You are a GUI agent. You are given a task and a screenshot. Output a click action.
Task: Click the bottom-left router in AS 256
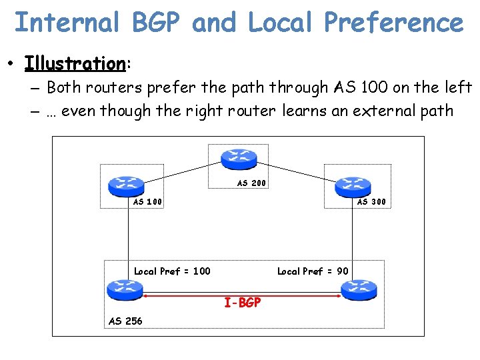pos(125,289)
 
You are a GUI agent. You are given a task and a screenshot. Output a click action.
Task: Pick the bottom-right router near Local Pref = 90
pos(359,289)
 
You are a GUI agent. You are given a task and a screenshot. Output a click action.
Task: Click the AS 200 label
pos(252,183)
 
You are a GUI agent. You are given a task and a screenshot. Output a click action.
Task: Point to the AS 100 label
pos(147,201)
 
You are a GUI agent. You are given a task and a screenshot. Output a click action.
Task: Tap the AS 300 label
pos(371,201)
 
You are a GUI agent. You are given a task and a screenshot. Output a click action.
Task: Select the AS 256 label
pos(125,321)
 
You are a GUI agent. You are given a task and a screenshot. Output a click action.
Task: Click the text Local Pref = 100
pos(172,271)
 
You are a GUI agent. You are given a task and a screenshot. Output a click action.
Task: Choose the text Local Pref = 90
pos(312,271)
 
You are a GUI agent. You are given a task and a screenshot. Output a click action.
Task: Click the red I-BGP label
pos(243,303)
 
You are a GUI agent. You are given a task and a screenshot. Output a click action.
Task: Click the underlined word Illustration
pos(75,63)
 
